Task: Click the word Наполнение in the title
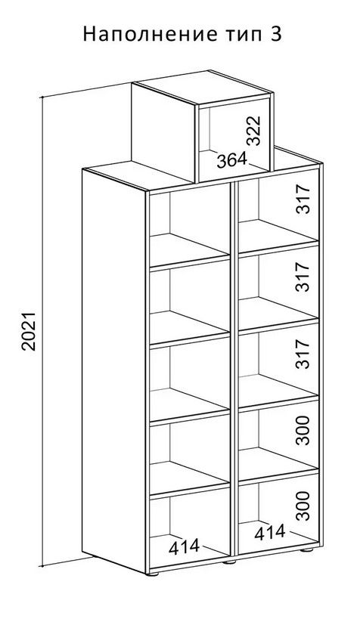(x=149, y=35)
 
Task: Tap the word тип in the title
(x=239, y=35)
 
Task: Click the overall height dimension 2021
(x=29, y=331)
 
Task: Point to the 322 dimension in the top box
(x=253, y=130)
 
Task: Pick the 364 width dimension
(x=231, y=160)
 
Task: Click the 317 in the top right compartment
(x=303, y=200)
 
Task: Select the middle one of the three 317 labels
(x=303, y=277)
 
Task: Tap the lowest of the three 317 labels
(x=303, y=354)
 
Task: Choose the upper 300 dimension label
(x=303, y=430)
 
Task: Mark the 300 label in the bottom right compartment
(x=303, y=506)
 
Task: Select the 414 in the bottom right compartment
(x=270, y=532)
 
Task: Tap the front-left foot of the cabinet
(x=153, y=574)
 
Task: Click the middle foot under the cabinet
(x=229, y=562)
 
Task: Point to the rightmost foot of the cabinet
(x=306, y=550)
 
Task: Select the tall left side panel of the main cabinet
(x=114, y=371)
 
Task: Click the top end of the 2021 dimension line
(x=42, y=97)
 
